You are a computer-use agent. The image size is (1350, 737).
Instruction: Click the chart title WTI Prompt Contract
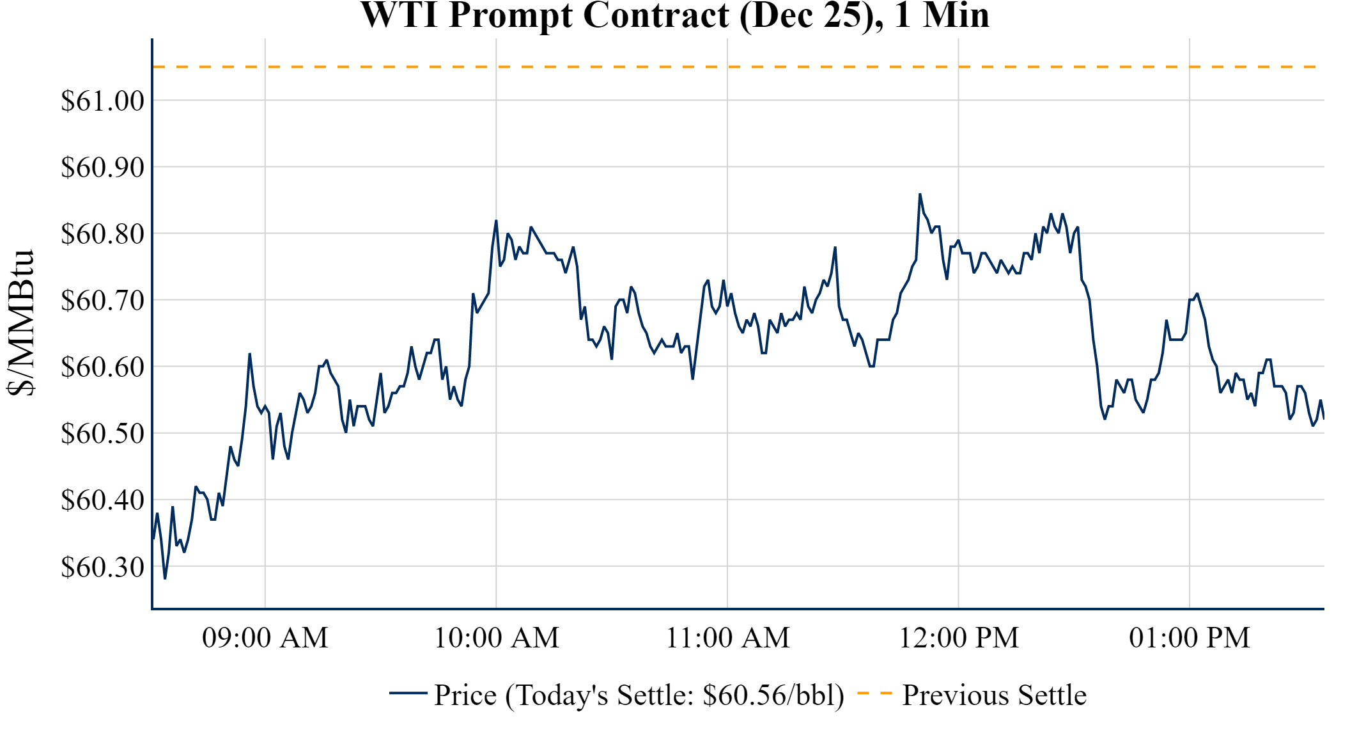[674, 15]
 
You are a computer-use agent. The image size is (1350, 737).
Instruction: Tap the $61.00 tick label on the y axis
[102, 101]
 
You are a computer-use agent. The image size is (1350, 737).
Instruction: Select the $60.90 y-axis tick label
[102, 168]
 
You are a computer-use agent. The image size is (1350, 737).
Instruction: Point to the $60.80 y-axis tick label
[102, 234]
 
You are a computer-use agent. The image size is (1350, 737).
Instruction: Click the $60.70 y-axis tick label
[102, 301]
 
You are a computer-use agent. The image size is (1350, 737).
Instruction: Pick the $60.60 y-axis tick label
[102, 367]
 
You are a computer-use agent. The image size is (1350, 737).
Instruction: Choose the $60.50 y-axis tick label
[102, 434]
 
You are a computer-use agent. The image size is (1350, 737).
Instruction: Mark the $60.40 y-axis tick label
[102, 500]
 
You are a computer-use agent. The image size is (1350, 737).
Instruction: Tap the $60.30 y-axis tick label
[102, 567]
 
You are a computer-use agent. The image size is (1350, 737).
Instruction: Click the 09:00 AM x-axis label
[265, 638]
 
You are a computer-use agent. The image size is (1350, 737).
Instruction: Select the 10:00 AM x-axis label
[496, 638]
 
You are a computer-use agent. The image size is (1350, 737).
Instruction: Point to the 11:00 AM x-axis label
[727, 638]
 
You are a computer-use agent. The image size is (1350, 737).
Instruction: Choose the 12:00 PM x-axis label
[958, 638]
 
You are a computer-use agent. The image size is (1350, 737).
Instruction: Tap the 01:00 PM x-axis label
[1189, 638]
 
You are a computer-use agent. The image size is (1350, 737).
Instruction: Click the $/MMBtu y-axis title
[20, 323]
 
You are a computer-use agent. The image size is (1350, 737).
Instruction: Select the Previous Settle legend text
[994, 695]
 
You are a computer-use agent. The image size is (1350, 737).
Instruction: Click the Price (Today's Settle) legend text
[639, 695]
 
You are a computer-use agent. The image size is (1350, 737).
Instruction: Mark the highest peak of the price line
[920, 194]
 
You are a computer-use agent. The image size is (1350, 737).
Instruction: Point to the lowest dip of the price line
[165, 578]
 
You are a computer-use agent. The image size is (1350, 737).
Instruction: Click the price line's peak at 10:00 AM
[496, 221]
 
